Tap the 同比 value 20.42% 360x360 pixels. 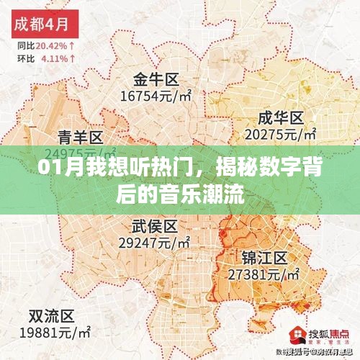pyautogui.click(x=53, y=45)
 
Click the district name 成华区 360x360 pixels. pyautogui.click(x=280, y=118)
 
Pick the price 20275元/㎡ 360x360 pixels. pyautogui.click(x=281, y=135)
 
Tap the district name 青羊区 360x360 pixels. pyautogui.click(x=80, y=137)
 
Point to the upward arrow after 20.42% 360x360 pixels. pyautogui.click(x=74, y=45)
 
